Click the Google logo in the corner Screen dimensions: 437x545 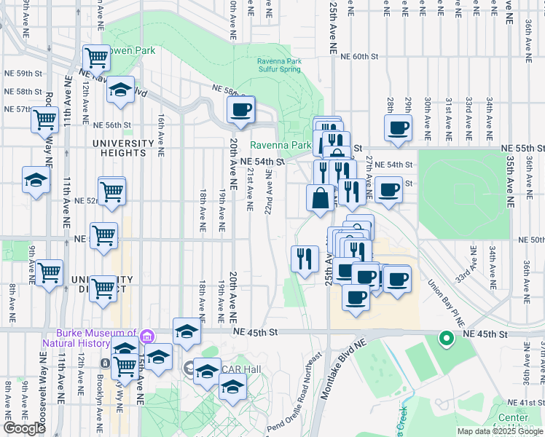pos(24,428)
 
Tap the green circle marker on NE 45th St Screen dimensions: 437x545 pos(446,339)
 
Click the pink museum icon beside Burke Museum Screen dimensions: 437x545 pos(148,336)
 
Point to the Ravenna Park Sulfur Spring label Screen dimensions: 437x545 pos(286,66)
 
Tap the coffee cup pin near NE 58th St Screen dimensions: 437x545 pos(240,111)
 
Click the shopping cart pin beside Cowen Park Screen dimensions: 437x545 pos(96,58)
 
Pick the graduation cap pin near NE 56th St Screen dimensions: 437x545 pos(120,90)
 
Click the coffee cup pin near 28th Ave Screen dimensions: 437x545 pos(398,128)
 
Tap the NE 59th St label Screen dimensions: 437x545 pos(24,74)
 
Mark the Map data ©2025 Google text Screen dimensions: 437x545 pos(499,431)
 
